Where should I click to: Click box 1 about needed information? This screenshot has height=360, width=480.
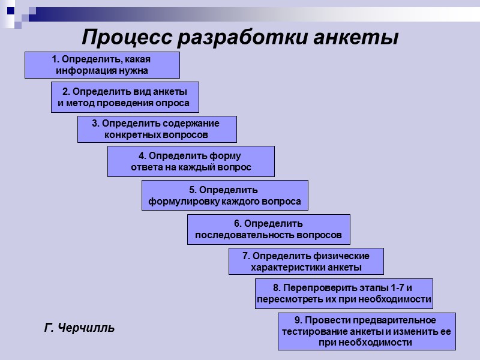point(102,65)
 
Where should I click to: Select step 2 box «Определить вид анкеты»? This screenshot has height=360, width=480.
point(125,97)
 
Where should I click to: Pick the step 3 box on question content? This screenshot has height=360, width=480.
point(157,129)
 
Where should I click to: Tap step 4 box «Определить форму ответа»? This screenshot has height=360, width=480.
point(191,161)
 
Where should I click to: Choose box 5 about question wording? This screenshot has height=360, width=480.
point(225,196)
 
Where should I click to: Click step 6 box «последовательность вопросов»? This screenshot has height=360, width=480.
point(268,230)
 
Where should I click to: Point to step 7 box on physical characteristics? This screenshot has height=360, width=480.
point(306,262)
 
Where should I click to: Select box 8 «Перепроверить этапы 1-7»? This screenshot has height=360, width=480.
point(344,293)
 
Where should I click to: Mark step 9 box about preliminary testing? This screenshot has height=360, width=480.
point(366,331)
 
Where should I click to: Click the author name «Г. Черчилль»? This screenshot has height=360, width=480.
point(80,328)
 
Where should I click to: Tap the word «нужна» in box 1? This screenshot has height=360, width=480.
point(134,71)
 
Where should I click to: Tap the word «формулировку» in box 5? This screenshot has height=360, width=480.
point(182,202)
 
